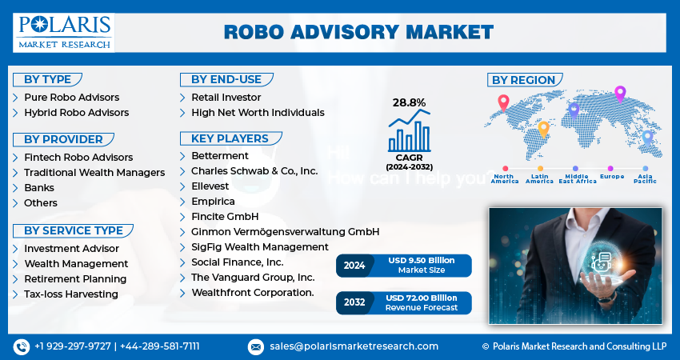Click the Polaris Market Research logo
point(63,31)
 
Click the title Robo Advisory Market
point(358,32)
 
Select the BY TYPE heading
point(47,79)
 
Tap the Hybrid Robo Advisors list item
point(76,113)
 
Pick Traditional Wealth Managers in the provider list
point(94,172)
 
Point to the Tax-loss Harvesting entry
point(71,294)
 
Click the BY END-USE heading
point(226,79)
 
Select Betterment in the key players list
point(219,155)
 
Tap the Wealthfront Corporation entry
point(252,293)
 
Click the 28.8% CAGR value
point(409,102)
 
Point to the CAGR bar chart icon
point(409,130)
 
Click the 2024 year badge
point(354,266)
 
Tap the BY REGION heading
point(523,80)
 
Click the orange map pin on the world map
point(544,129)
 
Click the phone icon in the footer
point(21,346)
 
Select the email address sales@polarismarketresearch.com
point(354,346)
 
